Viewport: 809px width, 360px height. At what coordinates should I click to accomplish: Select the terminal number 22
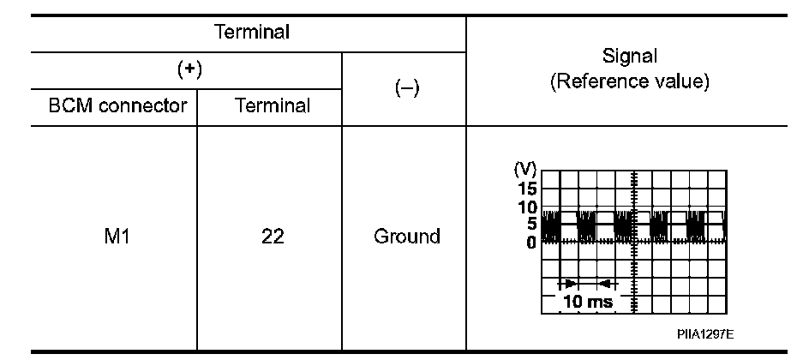click(x=271, y=236)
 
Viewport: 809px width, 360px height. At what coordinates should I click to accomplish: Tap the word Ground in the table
click(x=406, y=236)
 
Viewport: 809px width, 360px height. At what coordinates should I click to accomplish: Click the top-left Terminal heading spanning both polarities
click(x=249, y=33)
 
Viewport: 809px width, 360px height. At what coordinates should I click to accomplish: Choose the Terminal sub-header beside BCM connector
click(x=271, y=107)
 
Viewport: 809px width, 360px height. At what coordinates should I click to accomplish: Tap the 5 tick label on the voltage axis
click(x=531, y=224)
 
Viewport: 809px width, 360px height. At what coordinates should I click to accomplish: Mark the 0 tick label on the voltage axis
click(x=531, y=242)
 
